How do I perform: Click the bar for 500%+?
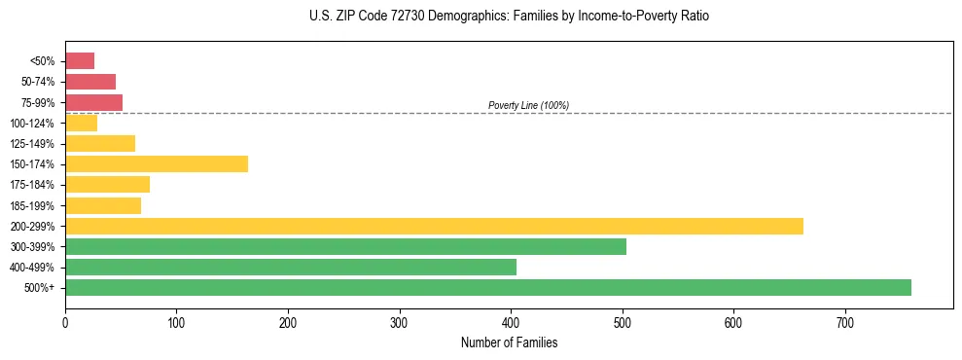pos(487,287)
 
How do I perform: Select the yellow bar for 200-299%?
pos(434,226)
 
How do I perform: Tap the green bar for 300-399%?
pos(345,246)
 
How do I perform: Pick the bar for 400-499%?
pos(291,267)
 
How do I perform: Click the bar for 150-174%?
pos(157,163)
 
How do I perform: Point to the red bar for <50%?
pos(80,61)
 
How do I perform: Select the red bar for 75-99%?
pos(93,102)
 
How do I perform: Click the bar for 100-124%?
pos(81,123)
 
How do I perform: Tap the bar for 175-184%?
pos(107,184)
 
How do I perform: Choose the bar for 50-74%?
pos(90,82)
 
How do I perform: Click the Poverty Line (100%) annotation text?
pos(528,105)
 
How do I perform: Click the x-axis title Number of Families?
pos(509,342)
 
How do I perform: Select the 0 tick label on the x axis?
pos(65,323)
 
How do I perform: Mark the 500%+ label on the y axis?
pos(41,288)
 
